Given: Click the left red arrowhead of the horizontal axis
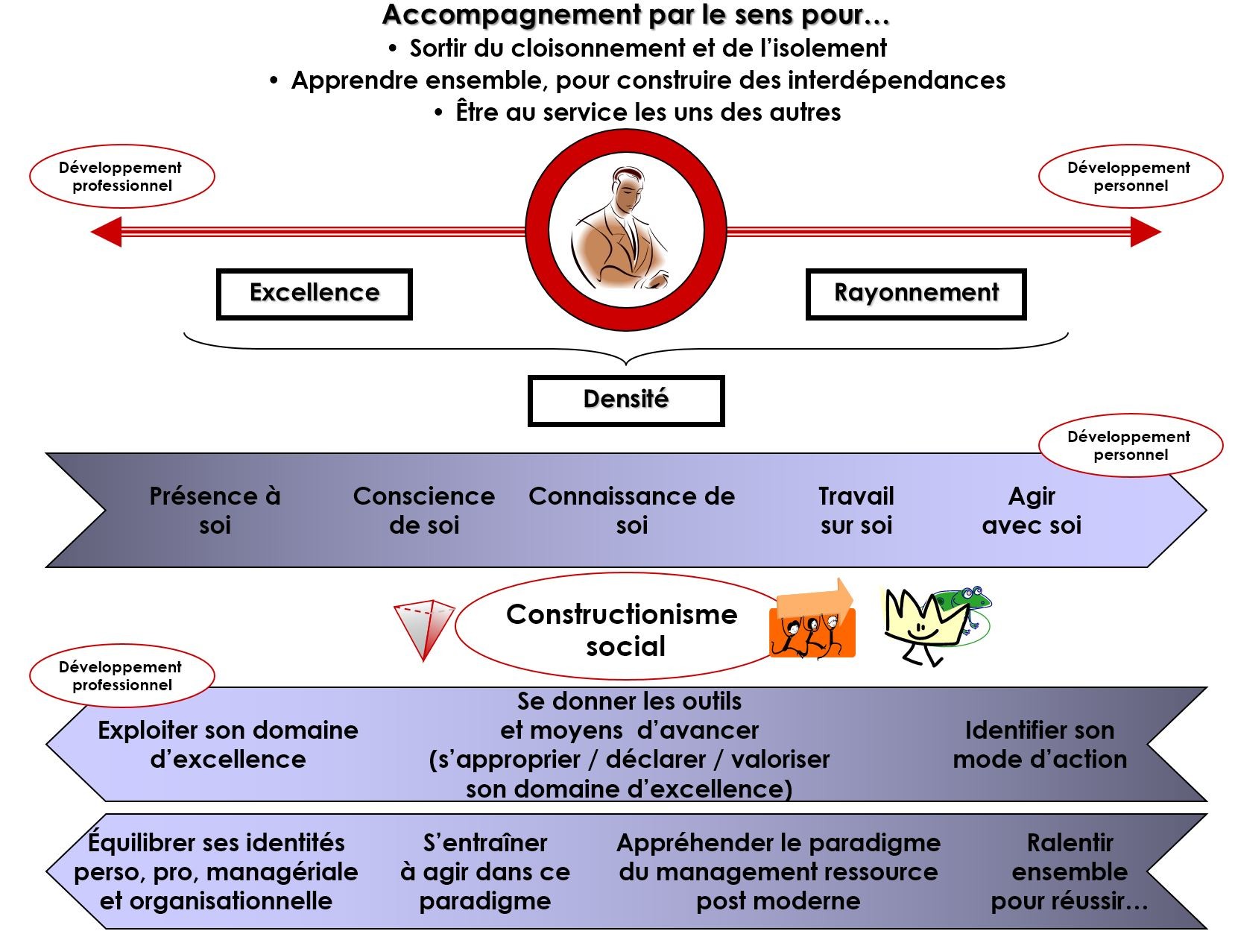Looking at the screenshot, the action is [x=107, y=231].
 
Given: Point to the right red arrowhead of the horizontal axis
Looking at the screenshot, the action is [x=1146, y=231].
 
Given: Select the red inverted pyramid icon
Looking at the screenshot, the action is [x=423, y=630].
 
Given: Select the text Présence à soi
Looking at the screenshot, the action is [x=215, y=511].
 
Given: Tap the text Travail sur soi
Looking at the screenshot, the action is [x=856, y=511].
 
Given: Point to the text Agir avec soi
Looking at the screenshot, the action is [x=1032, y=511].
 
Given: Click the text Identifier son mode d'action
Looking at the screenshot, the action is [x=1040, y=745].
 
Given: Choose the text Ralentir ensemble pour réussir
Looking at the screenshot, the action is [x=1069, y=871].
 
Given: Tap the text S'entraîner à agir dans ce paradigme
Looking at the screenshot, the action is [x=485, y=871].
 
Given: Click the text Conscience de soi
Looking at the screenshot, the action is [x=423, y=511].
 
